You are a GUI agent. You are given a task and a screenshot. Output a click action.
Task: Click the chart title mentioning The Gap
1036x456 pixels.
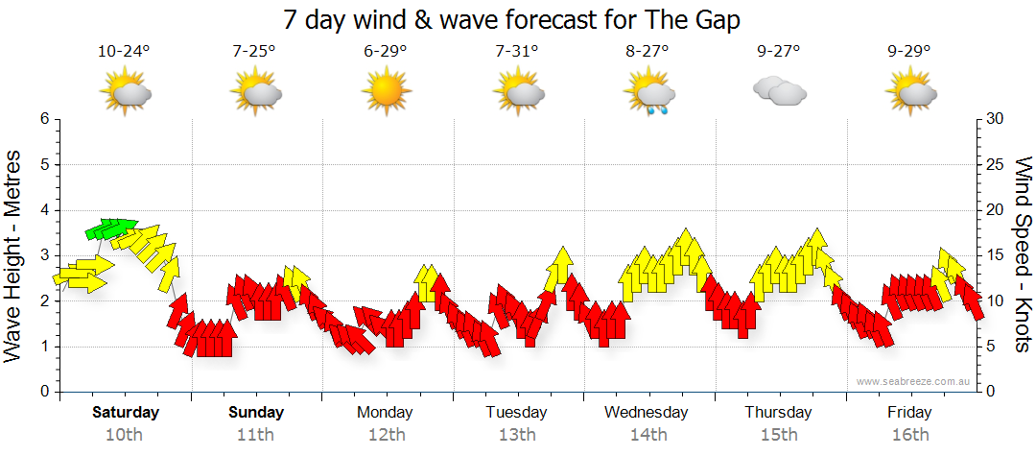pyautogui.click(x=512, y=20)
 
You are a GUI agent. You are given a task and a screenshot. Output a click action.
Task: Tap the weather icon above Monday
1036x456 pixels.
pyautogui.click(x=386, y=91)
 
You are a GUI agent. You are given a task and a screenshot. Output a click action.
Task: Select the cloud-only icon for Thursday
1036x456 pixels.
pyautogui.click(x=779, y=91)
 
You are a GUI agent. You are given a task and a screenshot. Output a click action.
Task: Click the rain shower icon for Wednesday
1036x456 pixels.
pyautogui.click(x=647, y=93)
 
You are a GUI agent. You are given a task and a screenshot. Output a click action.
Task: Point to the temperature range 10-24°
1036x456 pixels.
pyautogui.click(x=124, y=51)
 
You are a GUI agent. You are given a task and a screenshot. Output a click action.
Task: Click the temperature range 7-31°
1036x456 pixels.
pyautogui.click(x=517, y=51)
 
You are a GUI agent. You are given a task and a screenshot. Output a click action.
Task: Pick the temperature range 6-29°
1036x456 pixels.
pyautogui.click(x=386, y=51)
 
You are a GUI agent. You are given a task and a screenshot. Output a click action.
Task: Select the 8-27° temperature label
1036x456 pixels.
pyautogui.click(x=647, y=51)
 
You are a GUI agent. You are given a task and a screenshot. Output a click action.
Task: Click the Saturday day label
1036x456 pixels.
pyautogui.click(x=126, y=413)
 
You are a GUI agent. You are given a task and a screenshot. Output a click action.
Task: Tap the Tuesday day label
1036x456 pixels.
pyautogui.click(x=516, y=413)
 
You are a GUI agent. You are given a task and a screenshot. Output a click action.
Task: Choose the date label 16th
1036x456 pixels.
pyautogui.click(x=909, y=435)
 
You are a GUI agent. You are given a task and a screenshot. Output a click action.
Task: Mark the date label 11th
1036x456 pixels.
pyautogui.click(x=256, y=435)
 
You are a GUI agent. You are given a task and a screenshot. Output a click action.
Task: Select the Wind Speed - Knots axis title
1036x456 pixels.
pyautogui.click(x=1022, y=254)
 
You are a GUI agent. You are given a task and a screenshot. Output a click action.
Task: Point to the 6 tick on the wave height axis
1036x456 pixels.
pyautogui.click(x=43, y=119)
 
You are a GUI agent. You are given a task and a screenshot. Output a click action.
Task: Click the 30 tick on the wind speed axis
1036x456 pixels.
pyautogui.click(x=997, y=119)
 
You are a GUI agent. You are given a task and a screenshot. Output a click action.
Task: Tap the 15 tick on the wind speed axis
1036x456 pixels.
pyautogui.click(x=997, y=255)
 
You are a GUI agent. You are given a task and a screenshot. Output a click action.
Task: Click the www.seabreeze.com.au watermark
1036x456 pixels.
pyautogui.click(x=915, y=381)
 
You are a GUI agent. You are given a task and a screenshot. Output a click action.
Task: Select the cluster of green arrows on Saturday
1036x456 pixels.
pyautogui.click(x=110, y=228)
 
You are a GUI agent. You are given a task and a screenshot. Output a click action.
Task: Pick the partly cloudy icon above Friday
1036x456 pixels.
pyautogui.click(x=909, y=91)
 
